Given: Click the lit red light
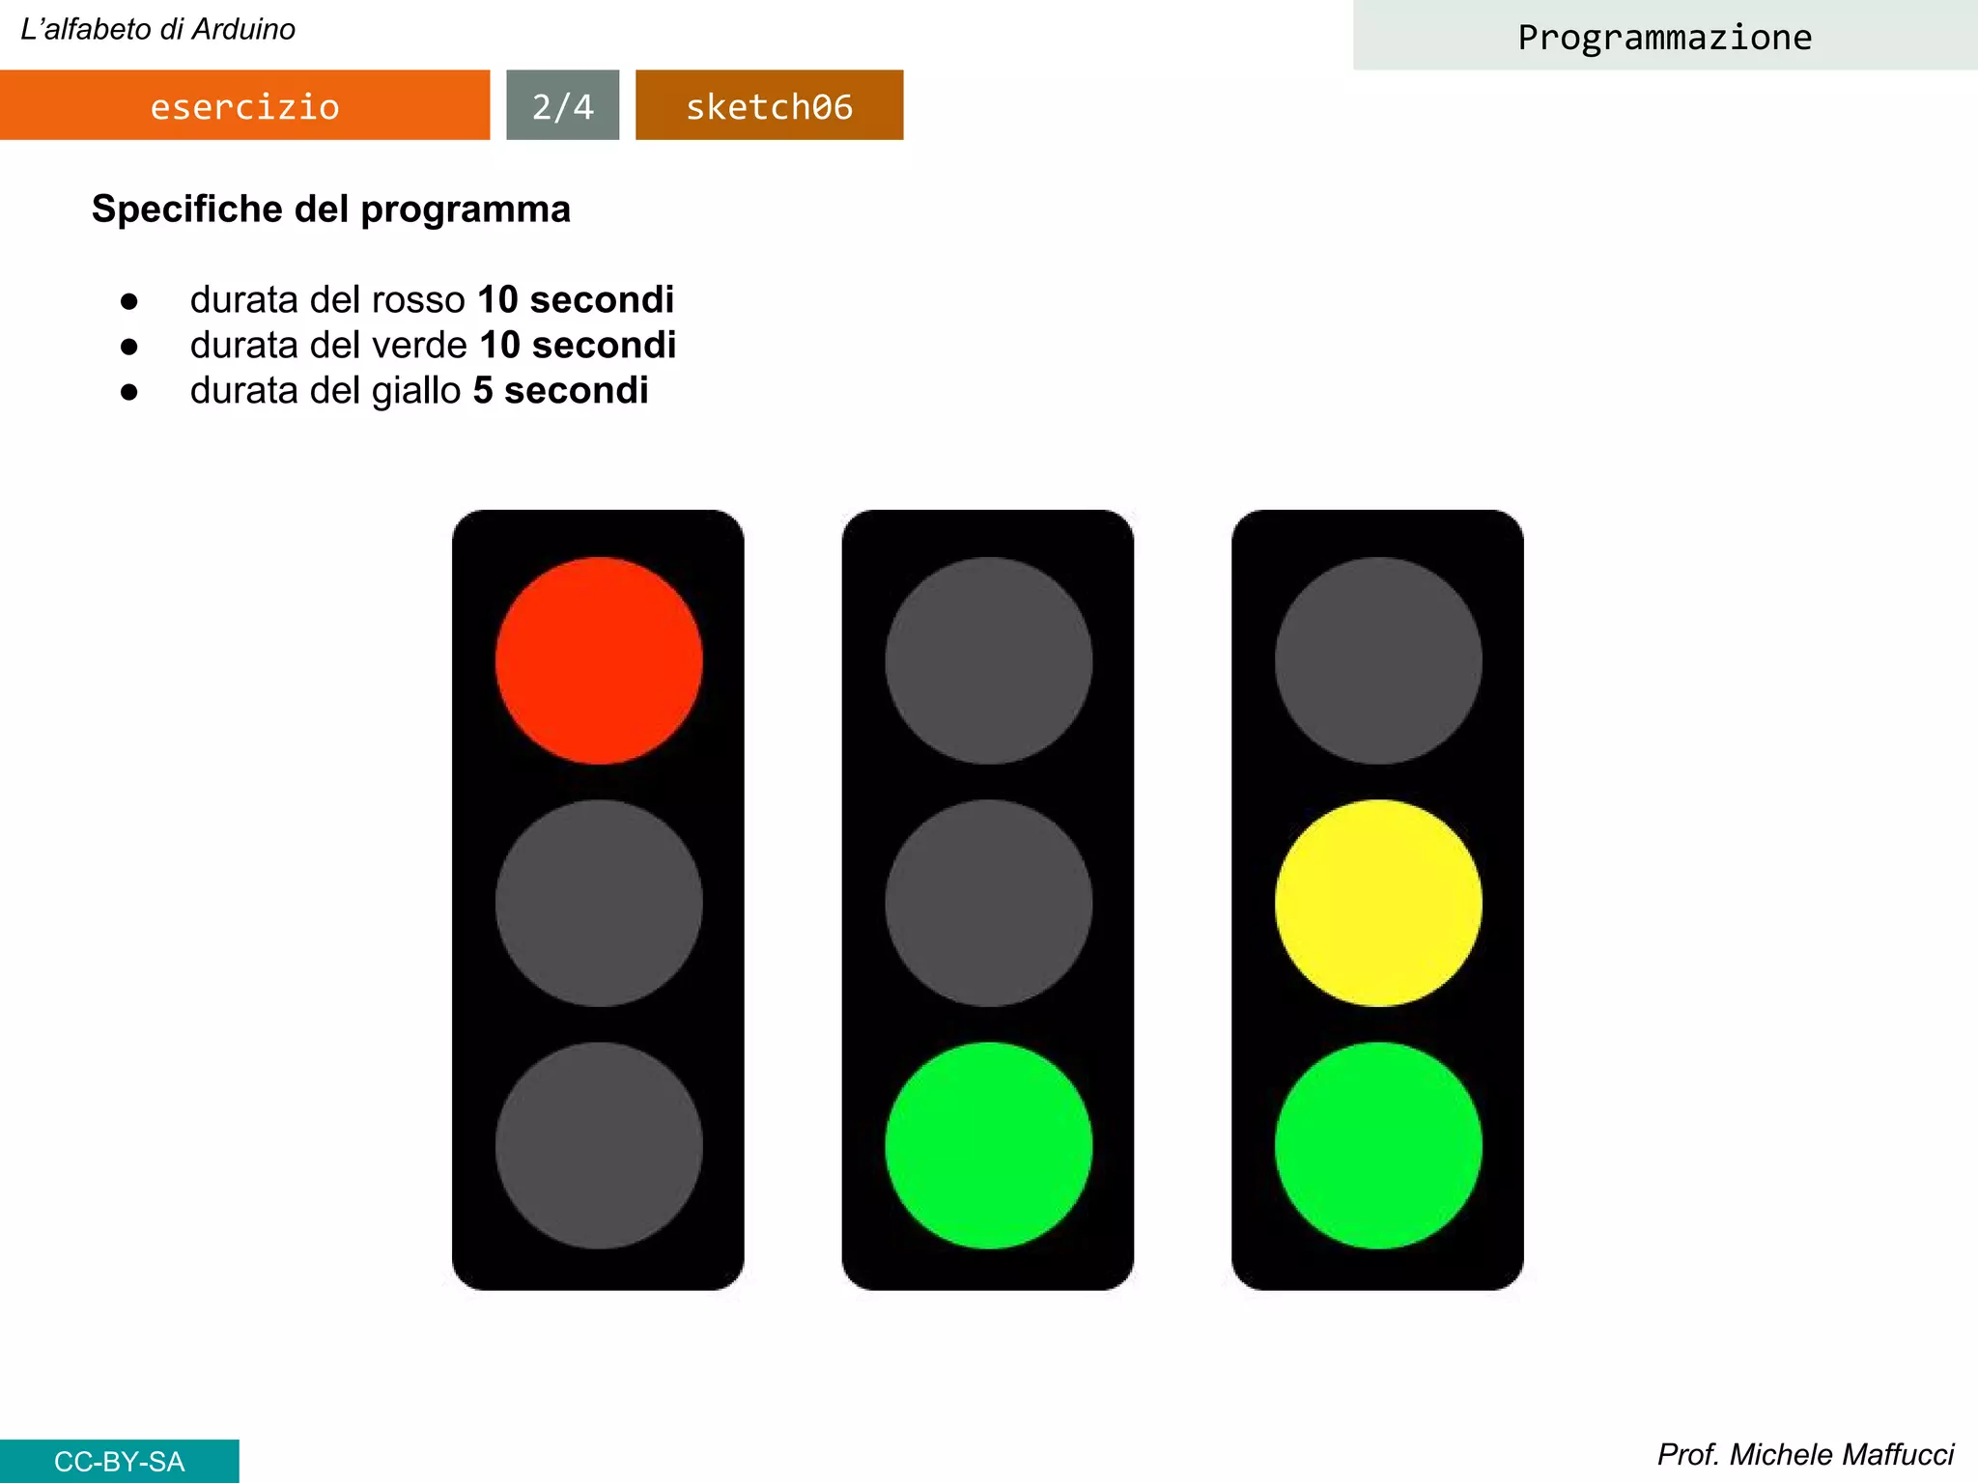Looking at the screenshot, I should click(599, 660).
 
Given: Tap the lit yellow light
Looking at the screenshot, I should click(1378, 903).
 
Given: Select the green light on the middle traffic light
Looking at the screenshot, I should click(988, 1145).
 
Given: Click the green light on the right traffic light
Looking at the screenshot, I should click(1378, 1145).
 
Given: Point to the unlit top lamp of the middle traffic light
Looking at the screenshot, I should click(988, 660).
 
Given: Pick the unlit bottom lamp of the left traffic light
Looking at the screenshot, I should click(599, 1145).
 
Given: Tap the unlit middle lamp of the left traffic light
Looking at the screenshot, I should click(599, 903).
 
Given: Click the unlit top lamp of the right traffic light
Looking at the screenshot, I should click(1378, 660).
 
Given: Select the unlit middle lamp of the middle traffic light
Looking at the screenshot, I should click(988, 903).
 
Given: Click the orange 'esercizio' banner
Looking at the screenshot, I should click(244, 105).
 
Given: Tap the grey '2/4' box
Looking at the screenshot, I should click(562, 105).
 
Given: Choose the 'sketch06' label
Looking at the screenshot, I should click(769, 105).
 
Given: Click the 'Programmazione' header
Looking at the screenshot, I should click(1664, 37).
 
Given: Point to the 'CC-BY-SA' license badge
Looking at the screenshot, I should click(119, 1461).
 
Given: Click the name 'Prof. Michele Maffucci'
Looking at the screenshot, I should click(1805, 1454).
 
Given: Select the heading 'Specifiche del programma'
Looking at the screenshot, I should click(331, 209).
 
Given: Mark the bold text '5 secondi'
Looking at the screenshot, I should click(560, 390).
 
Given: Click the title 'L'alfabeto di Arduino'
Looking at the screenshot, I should click(158, 29).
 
